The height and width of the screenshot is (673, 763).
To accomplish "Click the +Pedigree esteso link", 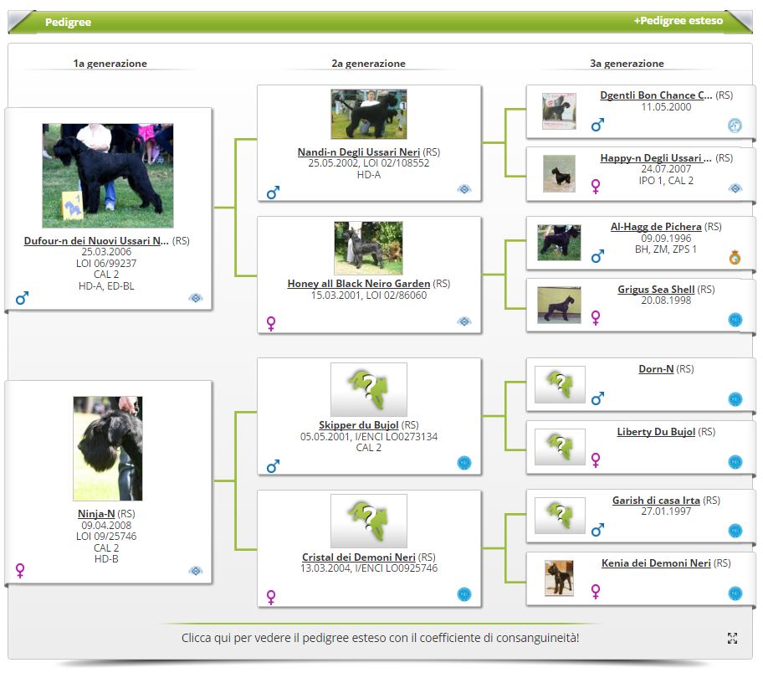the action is tap(678, 20).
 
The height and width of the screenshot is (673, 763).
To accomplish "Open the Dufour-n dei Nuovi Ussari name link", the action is tap(96, 240).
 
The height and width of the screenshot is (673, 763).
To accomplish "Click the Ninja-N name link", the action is tap(96, 513).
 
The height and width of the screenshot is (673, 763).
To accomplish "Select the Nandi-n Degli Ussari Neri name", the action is tap(359, 152).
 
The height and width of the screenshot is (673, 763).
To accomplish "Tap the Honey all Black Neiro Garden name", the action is tap(359, 284).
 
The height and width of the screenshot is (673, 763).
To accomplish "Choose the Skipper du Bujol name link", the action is tap(359, 424).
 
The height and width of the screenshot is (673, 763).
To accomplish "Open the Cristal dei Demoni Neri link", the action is tap(359, 557).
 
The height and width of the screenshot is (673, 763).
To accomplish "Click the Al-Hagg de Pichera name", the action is tap(656, 227).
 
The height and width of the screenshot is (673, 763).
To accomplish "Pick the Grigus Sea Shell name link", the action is tap(656, 290).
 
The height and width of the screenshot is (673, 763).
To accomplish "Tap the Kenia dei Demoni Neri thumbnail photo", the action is tap(559, 578).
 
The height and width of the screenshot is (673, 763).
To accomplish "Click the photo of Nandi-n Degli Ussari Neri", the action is tap(368, 114).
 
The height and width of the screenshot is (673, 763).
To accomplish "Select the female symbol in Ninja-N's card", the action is tap(20, 570).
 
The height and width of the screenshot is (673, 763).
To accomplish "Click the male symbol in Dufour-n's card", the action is tap(22, 297).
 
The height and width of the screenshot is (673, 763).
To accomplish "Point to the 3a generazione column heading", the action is tap(627, 64).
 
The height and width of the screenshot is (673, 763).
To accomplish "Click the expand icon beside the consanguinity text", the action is tap(732, 638).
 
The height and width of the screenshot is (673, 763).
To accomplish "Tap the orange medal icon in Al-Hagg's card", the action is tap(735, 257).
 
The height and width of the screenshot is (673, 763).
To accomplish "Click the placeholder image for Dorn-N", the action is tap(560, 385).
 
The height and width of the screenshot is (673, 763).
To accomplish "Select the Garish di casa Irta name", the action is tap(656, 500).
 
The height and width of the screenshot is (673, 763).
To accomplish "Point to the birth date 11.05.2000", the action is tap(666, 107).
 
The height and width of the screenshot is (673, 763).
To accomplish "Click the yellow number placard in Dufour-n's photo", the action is tap(73, 206).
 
